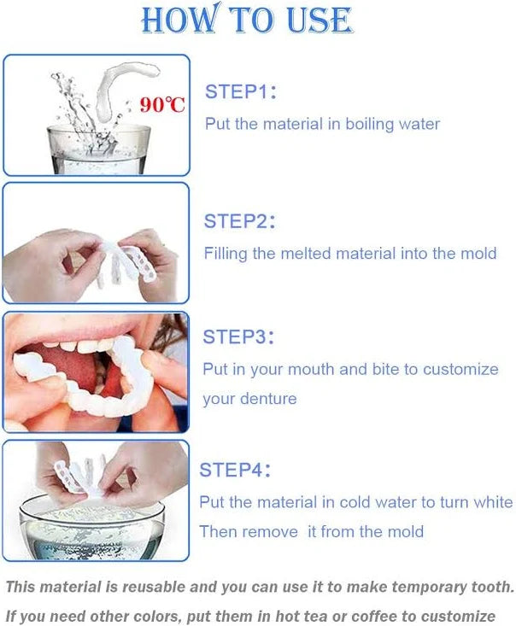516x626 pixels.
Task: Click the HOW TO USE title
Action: [x=246, y=20]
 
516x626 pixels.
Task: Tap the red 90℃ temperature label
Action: [x=162, y=105]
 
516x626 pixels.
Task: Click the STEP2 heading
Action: [x=239, y=221]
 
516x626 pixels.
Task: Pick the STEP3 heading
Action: [x=238, y=337]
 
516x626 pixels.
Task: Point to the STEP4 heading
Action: [x=235, y=470]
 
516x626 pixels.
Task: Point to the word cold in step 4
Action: [x=353, y=502]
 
